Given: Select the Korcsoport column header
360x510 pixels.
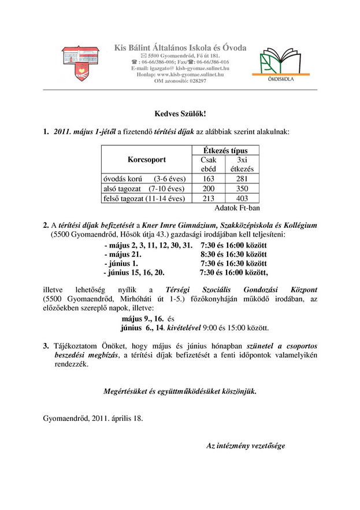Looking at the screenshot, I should click(146, 159).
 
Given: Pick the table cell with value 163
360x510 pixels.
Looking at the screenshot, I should click(208, 178).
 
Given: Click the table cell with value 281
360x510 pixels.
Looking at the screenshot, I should click(242, 178).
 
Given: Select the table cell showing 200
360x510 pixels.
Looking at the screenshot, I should click(208, 189).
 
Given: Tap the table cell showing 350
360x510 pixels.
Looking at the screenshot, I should click(242, 189).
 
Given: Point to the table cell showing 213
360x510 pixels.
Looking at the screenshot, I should click(208, 198).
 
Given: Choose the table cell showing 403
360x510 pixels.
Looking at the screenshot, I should click(242, 198).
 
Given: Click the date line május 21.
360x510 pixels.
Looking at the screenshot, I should click(123, 254).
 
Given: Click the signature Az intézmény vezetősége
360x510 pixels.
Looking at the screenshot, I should click(246, 446).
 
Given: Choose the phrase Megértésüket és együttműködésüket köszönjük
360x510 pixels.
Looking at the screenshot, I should click(180, 391).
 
